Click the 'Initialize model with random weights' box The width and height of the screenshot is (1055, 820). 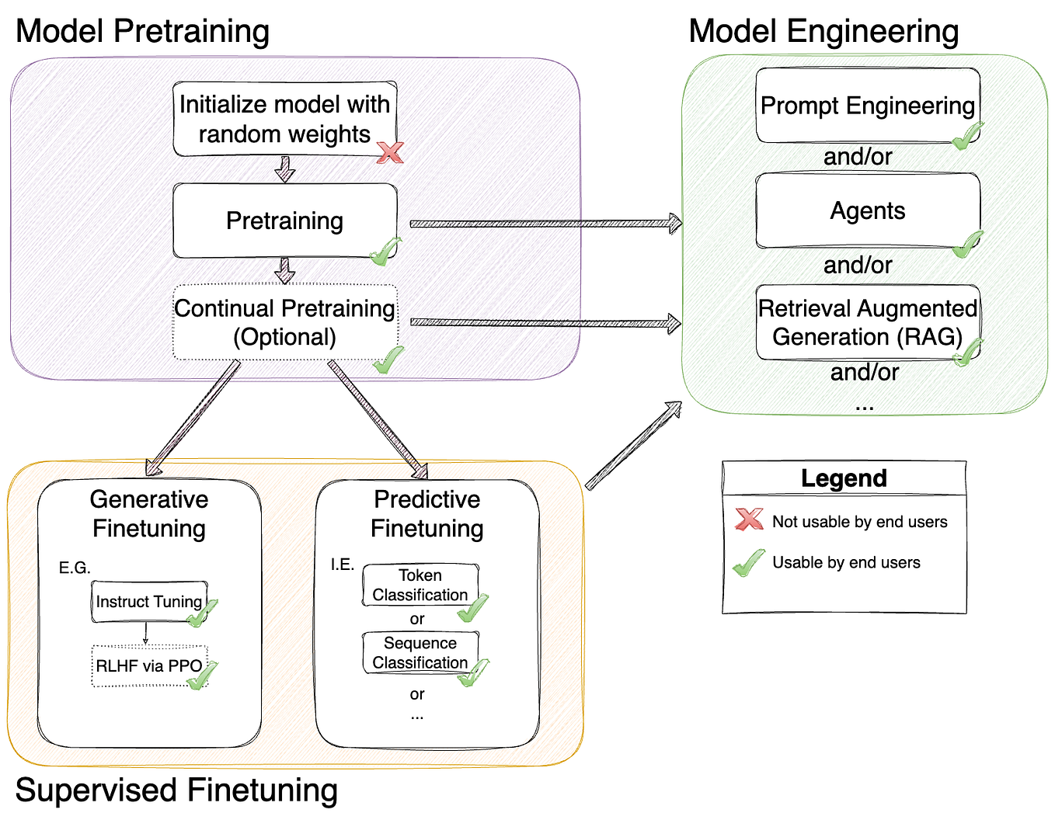(284, 119)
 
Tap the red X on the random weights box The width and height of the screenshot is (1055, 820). (389, 152)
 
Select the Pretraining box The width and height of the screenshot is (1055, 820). (284, 221)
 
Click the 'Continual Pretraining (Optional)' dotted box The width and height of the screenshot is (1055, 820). (284, 322)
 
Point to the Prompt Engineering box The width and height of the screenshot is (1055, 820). (867, 106)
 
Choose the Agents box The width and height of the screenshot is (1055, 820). (867, 210)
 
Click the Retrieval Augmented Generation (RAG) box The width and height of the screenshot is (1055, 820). (867, 322)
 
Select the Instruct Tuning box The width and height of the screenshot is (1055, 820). (148, 602)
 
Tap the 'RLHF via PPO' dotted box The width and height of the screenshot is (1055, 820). (148, 666)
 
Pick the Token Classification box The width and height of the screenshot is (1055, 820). (420, 585)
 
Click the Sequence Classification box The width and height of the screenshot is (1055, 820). (420, 652)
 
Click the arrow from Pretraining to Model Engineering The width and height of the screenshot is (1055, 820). (544, 224)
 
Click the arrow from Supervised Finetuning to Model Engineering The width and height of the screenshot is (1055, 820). (632, 446)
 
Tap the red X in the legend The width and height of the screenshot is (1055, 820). (749, 519)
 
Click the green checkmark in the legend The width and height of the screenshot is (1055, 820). (749, 563)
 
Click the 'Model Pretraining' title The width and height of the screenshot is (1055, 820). (142, 32)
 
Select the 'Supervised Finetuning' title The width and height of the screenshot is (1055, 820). (176, 790)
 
